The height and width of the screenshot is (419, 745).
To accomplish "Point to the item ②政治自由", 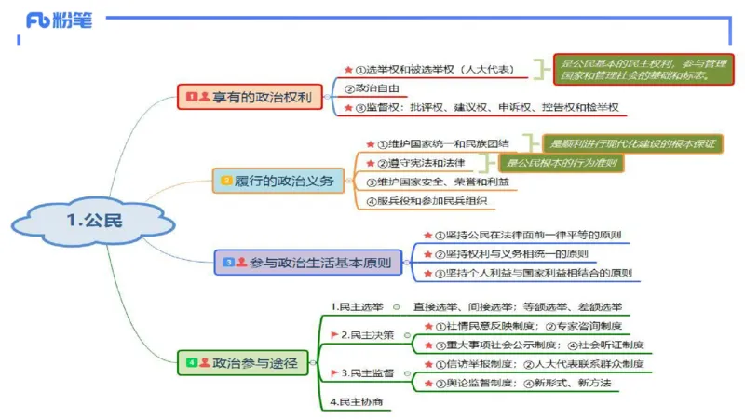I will (372, 88).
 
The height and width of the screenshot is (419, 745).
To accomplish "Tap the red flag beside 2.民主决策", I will (334, 334).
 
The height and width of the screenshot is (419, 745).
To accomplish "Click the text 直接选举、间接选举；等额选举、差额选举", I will (518, 306).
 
